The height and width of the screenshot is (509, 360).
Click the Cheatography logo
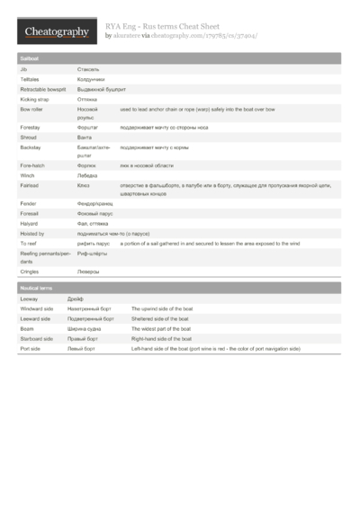coord(55,32)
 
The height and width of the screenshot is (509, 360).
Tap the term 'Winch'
coord(28,175)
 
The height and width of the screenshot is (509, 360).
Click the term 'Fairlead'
coord(30,185)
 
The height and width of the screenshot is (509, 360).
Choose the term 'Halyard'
coord(29,223)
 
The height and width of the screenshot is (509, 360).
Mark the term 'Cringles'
coord(30,271)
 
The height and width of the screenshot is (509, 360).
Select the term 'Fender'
coord(29,204)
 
